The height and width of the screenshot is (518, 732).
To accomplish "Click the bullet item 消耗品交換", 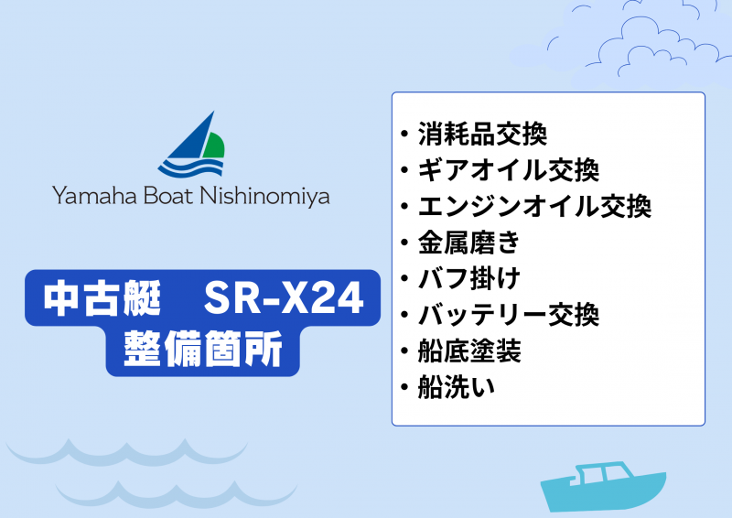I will pos(482,135).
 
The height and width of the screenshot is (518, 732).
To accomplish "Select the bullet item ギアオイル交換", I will pos(508,170).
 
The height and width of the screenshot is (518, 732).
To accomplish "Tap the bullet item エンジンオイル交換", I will pos(534,207).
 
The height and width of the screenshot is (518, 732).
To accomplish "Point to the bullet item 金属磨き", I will pos(468,243).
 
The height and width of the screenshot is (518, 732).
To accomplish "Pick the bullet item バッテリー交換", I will pos(508,315).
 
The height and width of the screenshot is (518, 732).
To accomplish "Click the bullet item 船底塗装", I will pos(469,351).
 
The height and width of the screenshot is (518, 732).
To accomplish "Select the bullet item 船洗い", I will pos(457,387).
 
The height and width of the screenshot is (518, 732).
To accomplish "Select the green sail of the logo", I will pos(213,144).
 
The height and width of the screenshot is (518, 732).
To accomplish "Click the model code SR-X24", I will pos(284,297).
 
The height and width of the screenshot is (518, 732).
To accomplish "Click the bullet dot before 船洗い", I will pos(405,388).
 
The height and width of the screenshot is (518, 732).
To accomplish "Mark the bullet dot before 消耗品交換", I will pos(405,135).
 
